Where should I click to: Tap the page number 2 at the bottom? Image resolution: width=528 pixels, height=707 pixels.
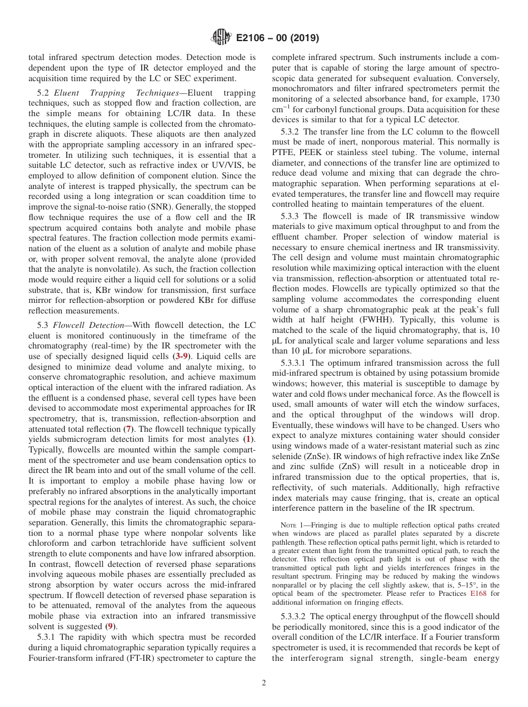[263, 683]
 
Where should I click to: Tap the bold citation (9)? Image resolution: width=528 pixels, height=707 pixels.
[111, 626]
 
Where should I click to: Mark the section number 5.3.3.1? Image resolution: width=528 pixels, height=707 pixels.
[297, 363]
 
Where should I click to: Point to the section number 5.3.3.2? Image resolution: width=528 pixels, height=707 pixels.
[297, 616]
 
